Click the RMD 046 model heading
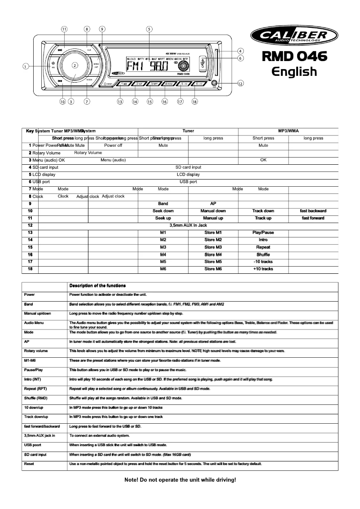[294, 57]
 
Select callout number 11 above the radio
[64, 29]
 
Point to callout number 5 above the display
[149, 29]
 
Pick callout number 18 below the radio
[194, 101]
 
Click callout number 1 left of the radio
[26, 66]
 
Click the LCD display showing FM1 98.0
[146, 66]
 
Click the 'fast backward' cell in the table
[313, 211]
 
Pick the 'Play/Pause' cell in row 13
[263, 233]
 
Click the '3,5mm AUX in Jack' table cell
[188, 225]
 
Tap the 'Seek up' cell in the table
[163, 218]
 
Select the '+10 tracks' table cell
[263, 269]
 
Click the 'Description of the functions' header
[97, 286]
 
